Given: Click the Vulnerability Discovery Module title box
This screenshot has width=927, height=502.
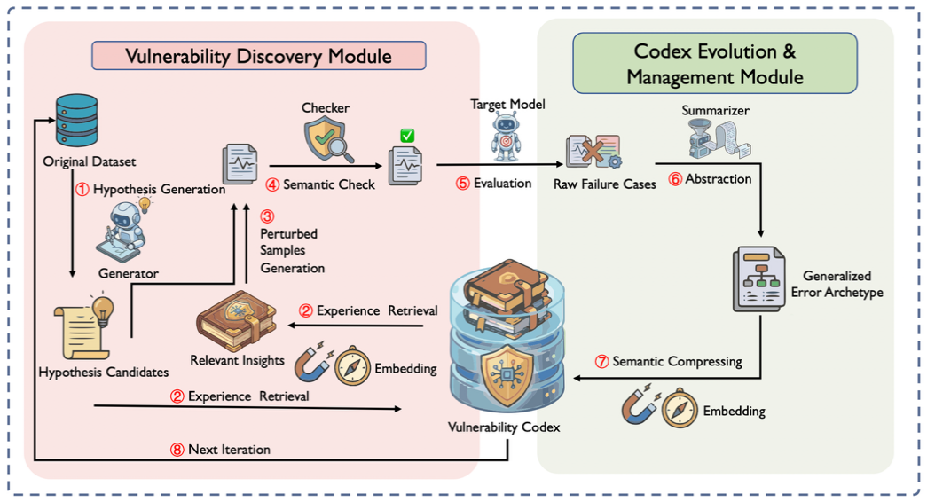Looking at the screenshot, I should click(258, 57).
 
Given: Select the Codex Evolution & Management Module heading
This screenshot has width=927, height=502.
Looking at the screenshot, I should click(714, 63).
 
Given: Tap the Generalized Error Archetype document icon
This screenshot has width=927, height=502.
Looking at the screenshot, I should click(760, 278).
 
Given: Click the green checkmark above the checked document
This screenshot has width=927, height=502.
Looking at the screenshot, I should click(407, 136).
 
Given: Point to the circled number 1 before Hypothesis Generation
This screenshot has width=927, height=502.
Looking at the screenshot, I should click(82, 189).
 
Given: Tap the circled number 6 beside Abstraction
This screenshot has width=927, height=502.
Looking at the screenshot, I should click(676, 179).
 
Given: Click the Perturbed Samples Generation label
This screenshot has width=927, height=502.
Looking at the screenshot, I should click(292, 250).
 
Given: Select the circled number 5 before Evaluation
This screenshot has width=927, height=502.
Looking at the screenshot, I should click(461, 184).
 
